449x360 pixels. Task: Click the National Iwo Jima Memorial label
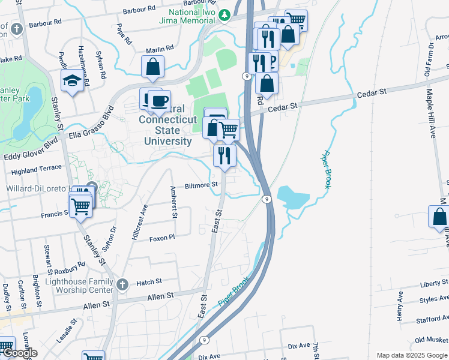pyautogui.click(x=191, y=17)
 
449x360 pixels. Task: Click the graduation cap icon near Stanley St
pyautogui.click(x=72, y=82)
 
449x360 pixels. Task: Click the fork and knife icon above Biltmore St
pyautogui.click(x=224, y=156)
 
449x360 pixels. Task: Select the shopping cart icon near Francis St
pyautogui.click(x=81, y=207)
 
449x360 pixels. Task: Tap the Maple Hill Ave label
pyautogui.click(x=432, y=114)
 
